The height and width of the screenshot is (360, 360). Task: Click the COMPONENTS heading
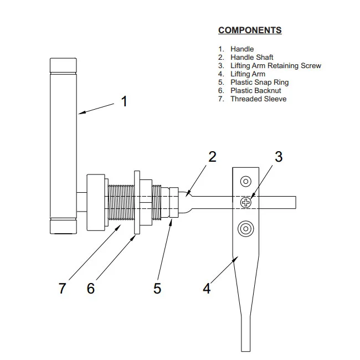(x=250, y=30)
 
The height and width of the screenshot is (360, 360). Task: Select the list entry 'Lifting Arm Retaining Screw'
(x=275, y=66)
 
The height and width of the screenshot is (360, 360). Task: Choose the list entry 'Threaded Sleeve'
(x=258, y=99)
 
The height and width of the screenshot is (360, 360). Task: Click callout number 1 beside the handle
(x=124, y=101)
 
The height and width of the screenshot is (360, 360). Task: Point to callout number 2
(x=212, y=157)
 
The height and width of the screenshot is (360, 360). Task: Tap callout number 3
(x=279, y=157)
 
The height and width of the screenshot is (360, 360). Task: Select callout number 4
(x=207, y=288)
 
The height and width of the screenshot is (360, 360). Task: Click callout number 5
(x=157, y=288)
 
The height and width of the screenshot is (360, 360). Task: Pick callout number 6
(x=91, y=288)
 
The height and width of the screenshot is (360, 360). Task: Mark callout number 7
(x=63, y=288)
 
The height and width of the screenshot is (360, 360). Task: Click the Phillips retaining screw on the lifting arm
(x=245, y=203)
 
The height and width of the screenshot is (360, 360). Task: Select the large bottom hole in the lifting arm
(x=245, y=228)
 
